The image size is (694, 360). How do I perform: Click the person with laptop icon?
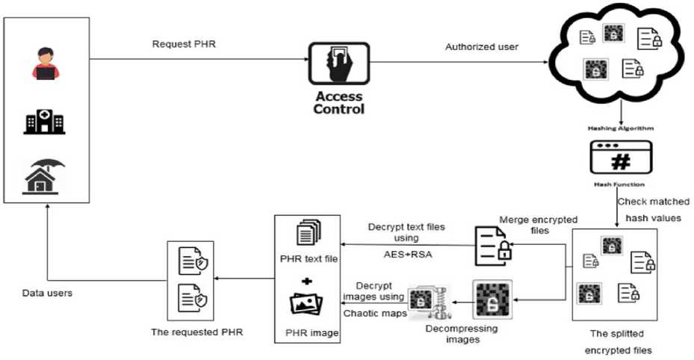click(45, 63)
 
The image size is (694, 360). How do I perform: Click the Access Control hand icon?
click(339, 63)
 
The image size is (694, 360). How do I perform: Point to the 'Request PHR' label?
click(180, 44)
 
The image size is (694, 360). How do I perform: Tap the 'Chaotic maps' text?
click(373, 313)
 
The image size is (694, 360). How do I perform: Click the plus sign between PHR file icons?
click(305, 282)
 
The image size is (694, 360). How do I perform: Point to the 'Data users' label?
click(47, 294)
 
